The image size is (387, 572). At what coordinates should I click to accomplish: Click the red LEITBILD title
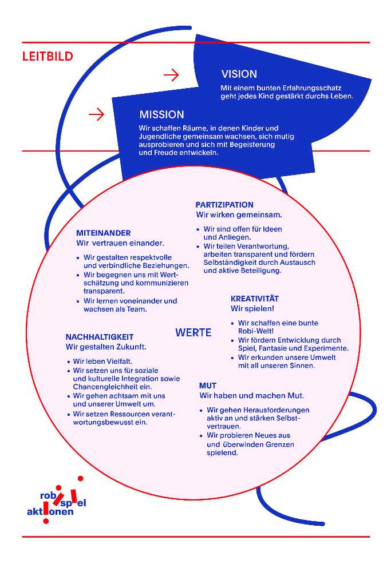[48, 57]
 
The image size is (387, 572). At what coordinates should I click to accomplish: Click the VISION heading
[239, 74]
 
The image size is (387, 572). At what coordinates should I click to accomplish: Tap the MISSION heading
[161, 114]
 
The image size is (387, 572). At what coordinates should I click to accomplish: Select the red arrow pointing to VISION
[171, 75]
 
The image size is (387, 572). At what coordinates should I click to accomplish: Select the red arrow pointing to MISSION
[97, 114]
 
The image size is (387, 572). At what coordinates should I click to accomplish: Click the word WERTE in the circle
[193, 332]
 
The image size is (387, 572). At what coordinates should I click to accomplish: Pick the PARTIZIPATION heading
[224, 205]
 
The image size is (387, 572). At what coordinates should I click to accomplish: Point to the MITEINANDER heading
[104, 233]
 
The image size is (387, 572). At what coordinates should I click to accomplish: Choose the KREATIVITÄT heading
[255, 299]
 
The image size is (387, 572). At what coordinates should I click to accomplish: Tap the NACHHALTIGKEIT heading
[100, 337]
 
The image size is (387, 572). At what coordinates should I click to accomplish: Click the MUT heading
[208, 386]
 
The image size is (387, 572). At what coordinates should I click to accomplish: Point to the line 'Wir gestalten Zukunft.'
[106, 347]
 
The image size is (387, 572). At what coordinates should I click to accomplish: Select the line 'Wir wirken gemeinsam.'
[239, 215]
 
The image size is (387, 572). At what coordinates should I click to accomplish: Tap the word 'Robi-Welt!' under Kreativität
[256, 331]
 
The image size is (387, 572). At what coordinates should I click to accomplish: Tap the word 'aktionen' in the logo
[50, 512]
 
